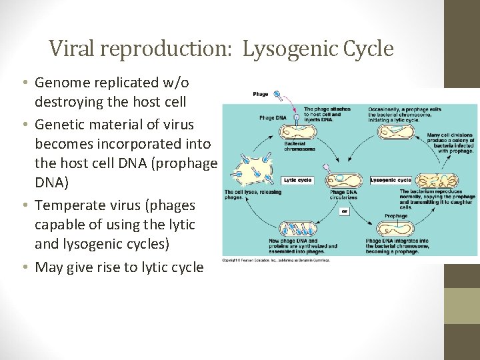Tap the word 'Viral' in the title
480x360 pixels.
click(67, 49)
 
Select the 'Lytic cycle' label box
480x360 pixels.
click(297, 180)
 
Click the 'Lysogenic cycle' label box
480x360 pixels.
click(391, 180)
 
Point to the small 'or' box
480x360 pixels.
click(345, 211)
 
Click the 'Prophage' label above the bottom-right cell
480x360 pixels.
click(395, 215)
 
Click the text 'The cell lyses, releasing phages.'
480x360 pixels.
click(243, 195)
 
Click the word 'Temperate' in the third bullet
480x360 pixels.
click(68, 205)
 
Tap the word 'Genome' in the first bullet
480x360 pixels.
click(59, 82)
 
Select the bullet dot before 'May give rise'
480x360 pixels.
click(24, 267)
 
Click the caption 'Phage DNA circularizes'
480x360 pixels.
click(343, 195)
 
